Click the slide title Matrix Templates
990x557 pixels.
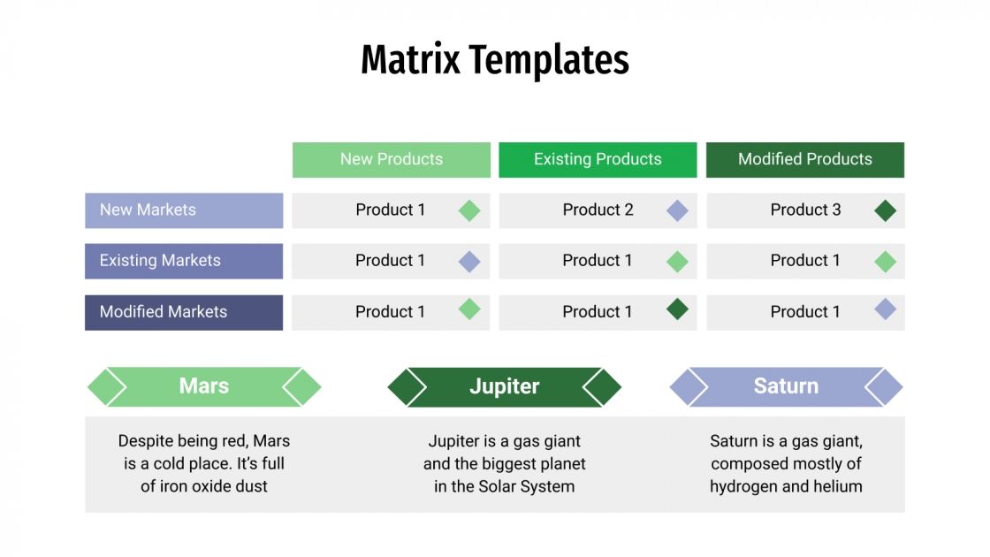click(495, 60)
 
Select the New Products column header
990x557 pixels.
click(391, 159)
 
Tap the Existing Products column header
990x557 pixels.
click(598, 159)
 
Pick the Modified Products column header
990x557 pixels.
click(804, 159)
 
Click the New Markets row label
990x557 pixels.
click(148, 210)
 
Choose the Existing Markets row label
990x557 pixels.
click(160, 261)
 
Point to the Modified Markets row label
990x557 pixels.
click(163, 312)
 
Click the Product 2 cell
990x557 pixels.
click(598, 210)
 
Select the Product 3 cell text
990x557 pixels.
click(805, 210)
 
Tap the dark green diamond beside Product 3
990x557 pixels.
click(885, 210)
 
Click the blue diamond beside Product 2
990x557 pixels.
click(677, 210)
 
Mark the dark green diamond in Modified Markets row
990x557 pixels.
click(677, 309)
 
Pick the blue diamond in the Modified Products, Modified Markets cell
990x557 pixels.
click(885, 309)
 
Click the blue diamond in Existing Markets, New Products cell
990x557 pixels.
click(469, 261)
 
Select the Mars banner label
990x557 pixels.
click(204, 386)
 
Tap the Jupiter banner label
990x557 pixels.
click(504, 386)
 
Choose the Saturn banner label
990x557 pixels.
click(786, 386)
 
